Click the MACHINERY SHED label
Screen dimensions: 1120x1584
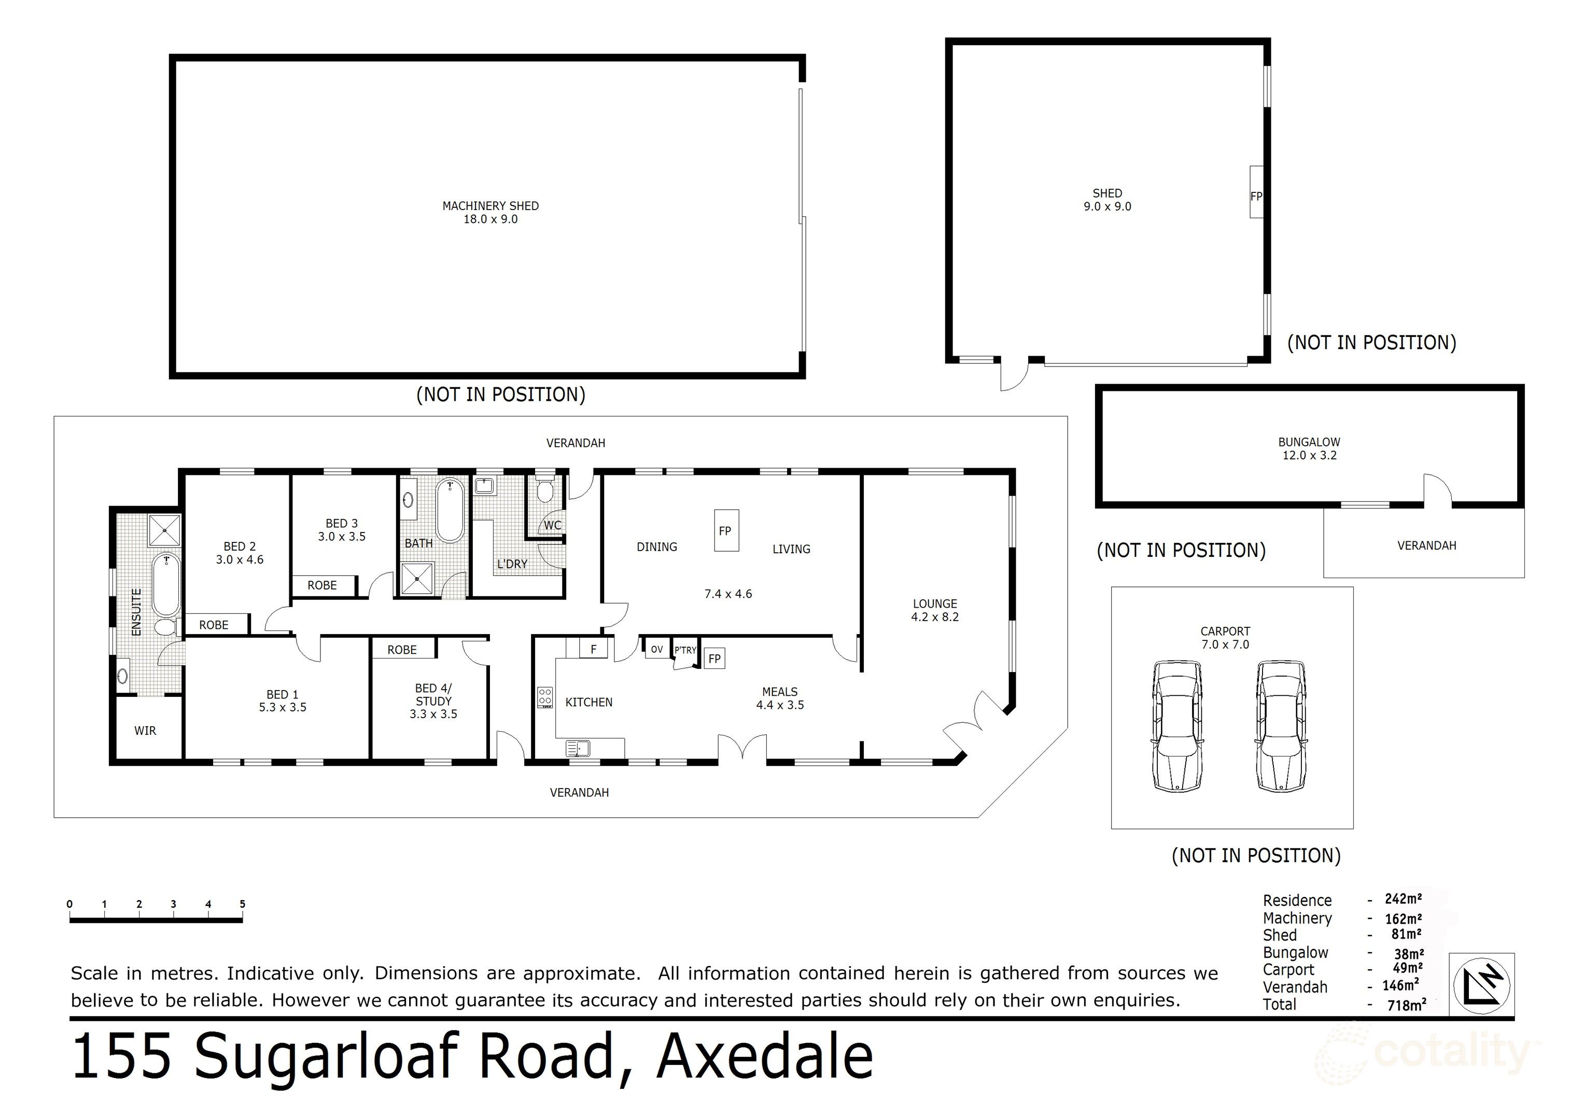pos(490,206)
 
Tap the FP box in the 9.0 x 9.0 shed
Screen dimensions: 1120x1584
pos(1256,197)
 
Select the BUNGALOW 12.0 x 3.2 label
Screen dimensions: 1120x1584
pos(1309,449)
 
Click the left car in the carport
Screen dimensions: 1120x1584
pos(1177,726)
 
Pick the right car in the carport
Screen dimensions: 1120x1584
pos(1281,726)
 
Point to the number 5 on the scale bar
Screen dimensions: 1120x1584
pos(242,904)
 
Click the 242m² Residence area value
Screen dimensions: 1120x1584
pos(1403,899)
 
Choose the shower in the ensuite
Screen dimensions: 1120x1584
pos(165,530)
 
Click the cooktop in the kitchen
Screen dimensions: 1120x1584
pos(545,697)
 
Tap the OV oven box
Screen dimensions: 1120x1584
pos(657,649)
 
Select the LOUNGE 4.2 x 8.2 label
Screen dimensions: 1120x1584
pos(935,610)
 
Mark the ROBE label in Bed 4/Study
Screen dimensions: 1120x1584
pos(402,649)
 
